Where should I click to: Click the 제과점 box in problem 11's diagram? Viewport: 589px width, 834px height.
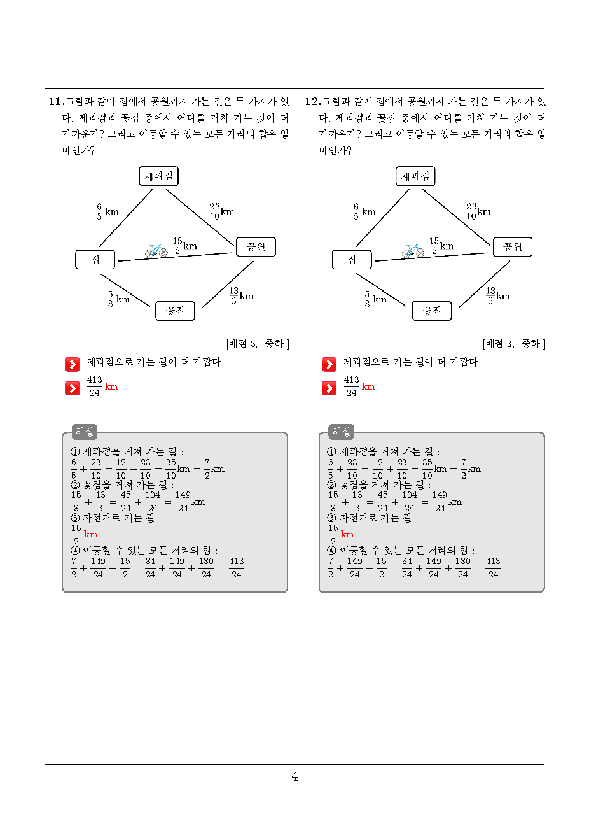coord(158,176)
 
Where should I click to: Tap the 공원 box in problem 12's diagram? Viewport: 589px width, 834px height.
coord(512,246)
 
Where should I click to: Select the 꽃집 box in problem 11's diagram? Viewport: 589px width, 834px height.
coord(175,311)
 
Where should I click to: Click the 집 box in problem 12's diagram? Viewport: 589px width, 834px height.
coord(352,260)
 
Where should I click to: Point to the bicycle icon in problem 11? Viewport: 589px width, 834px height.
coord(156,251)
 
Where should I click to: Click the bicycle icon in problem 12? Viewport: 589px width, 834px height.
coord(413,251)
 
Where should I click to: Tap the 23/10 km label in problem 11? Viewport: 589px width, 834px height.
coord(221,211)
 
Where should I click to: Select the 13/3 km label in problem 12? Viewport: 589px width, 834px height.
coord(498,295)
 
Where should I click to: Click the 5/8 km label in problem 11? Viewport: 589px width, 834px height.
coord(118,299)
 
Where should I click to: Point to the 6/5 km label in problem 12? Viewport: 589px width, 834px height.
coord(364,211)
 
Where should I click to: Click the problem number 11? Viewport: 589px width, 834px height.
coord(57,101)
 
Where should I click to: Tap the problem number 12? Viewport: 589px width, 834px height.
coord(313,101)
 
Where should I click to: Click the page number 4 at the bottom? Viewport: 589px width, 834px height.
coord(294,776)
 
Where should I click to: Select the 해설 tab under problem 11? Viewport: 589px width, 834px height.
coord(85,432)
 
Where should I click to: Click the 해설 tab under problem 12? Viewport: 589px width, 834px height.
coord(341,432)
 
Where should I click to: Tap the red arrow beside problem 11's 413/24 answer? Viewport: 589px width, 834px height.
coord(72,388)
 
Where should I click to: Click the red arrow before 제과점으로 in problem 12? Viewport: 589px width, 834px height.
coord(329,365)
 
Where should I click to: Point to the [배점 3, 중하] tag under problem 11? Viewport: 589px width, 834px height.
coord(258,344)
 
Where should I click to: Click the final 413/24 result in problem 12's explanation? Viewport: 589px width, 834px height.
coord(493,568)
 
